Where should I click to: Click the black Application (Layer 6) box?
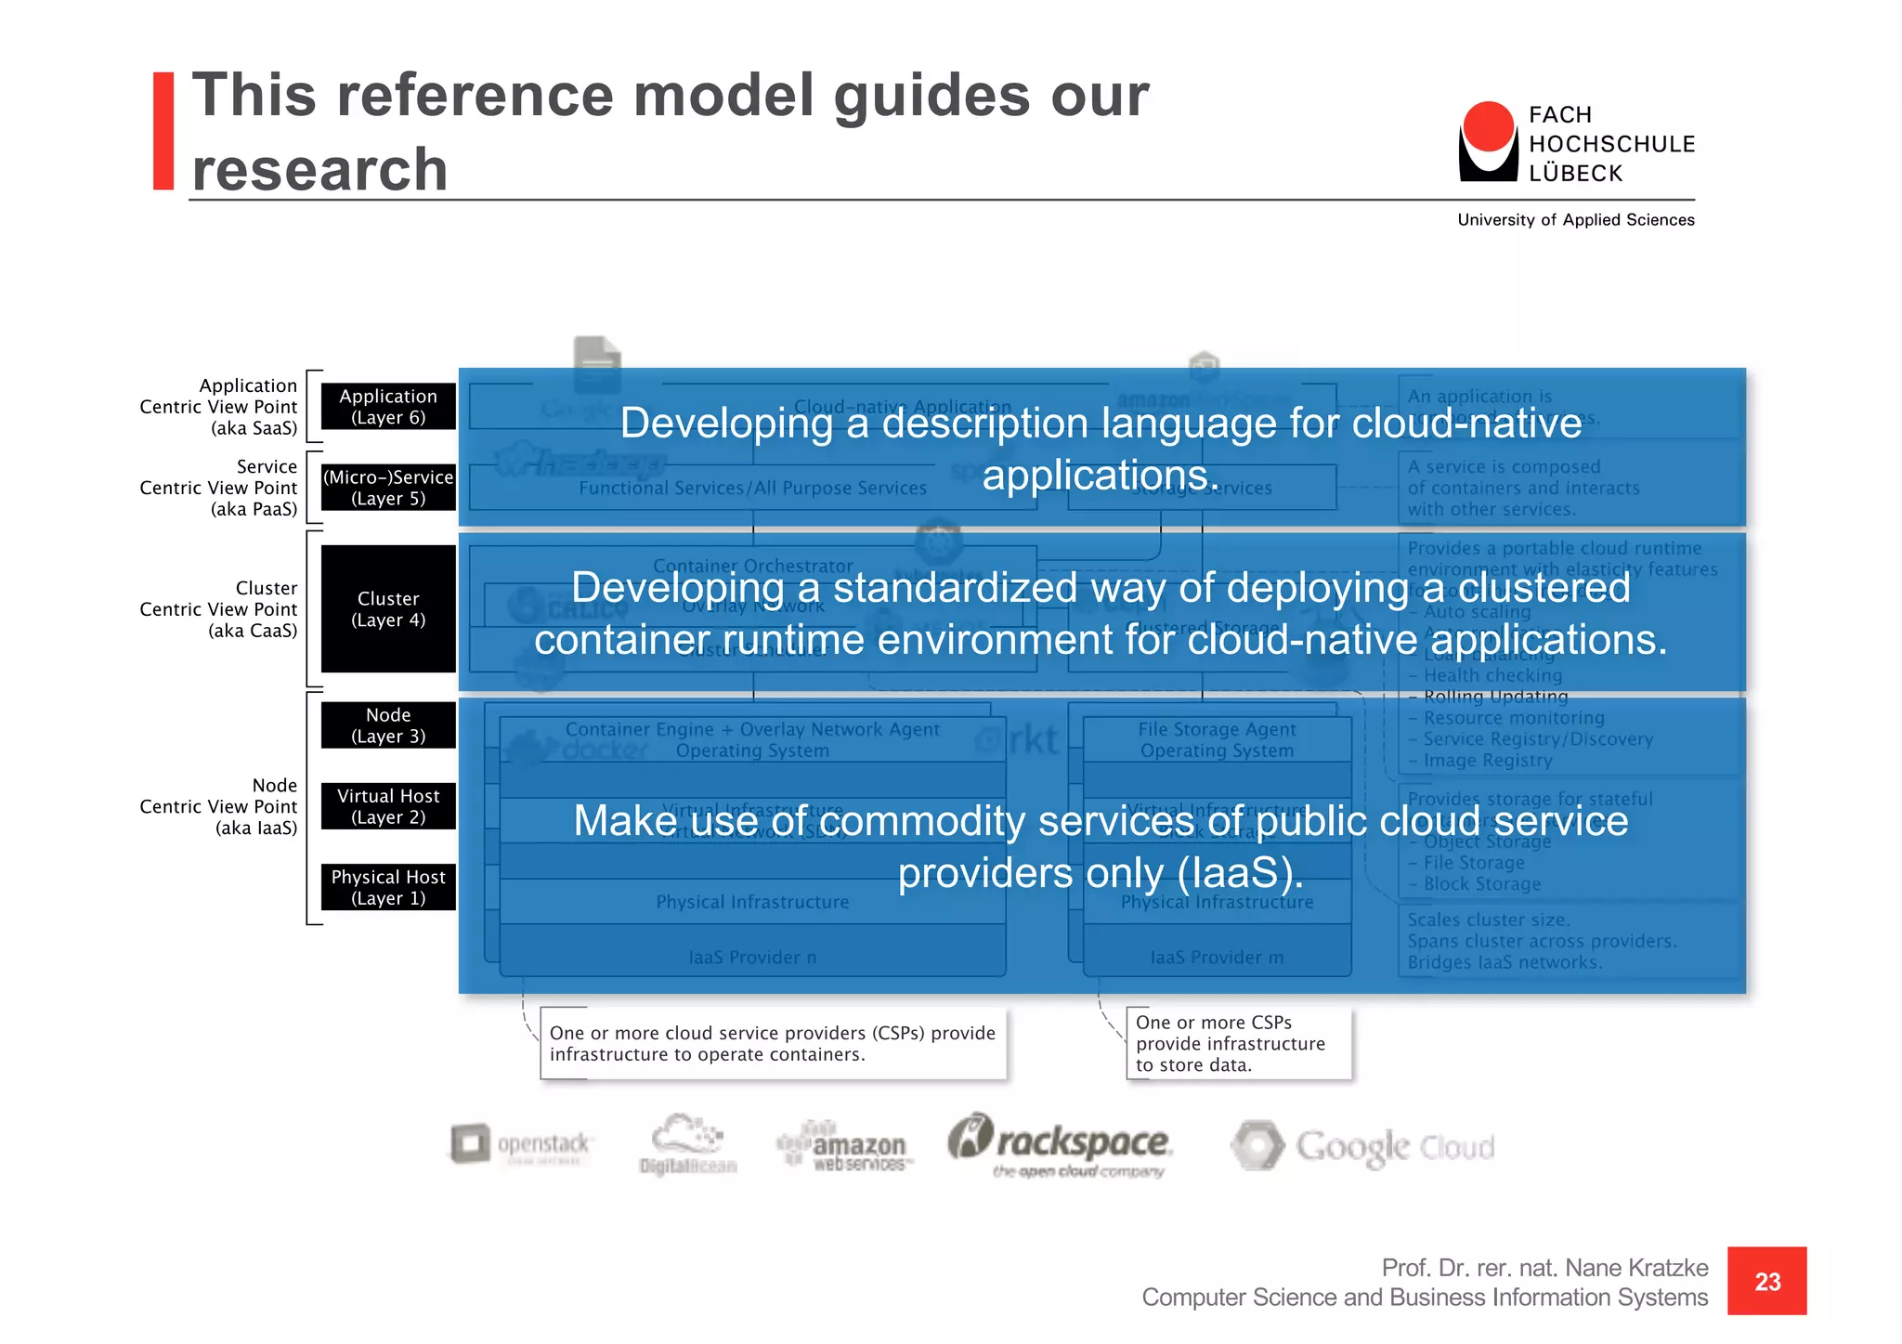coord(388,407)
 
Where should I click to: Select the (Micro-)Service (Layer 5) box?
coord(388,488)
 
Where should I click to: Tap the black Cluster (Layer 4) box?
coord(388,609)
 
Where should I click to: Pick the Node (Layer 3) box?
coord(388,725)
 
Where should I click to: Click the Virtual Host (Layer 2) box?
coord(388,806)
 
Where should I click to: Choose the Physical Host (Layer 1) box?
coord(388,887)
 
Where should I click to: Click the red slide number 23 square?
coord(1766,1281)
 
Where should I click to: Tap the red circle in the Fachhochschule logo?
coord(1488,126)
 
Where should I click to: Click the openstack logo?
coord(520,1144)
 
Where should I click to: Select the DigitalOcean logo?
coord(687,1144)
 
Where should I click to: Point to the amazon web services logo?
coord(845,1146)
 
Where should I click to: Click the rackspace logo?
coord(1061,1144)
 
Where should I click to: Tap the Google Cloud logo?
coord(1363,1146)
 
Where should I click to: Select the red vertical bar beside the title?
coord(163,131)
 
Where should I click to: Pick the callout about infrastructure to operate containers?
coord(772,1043)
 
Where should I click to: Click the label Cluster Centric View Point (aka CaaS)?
coord(219,609)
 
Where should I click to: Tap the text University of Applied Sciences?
coord(1575,220)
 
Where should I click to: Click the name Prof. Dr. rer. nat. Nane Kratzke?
coord(1544,1268)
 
